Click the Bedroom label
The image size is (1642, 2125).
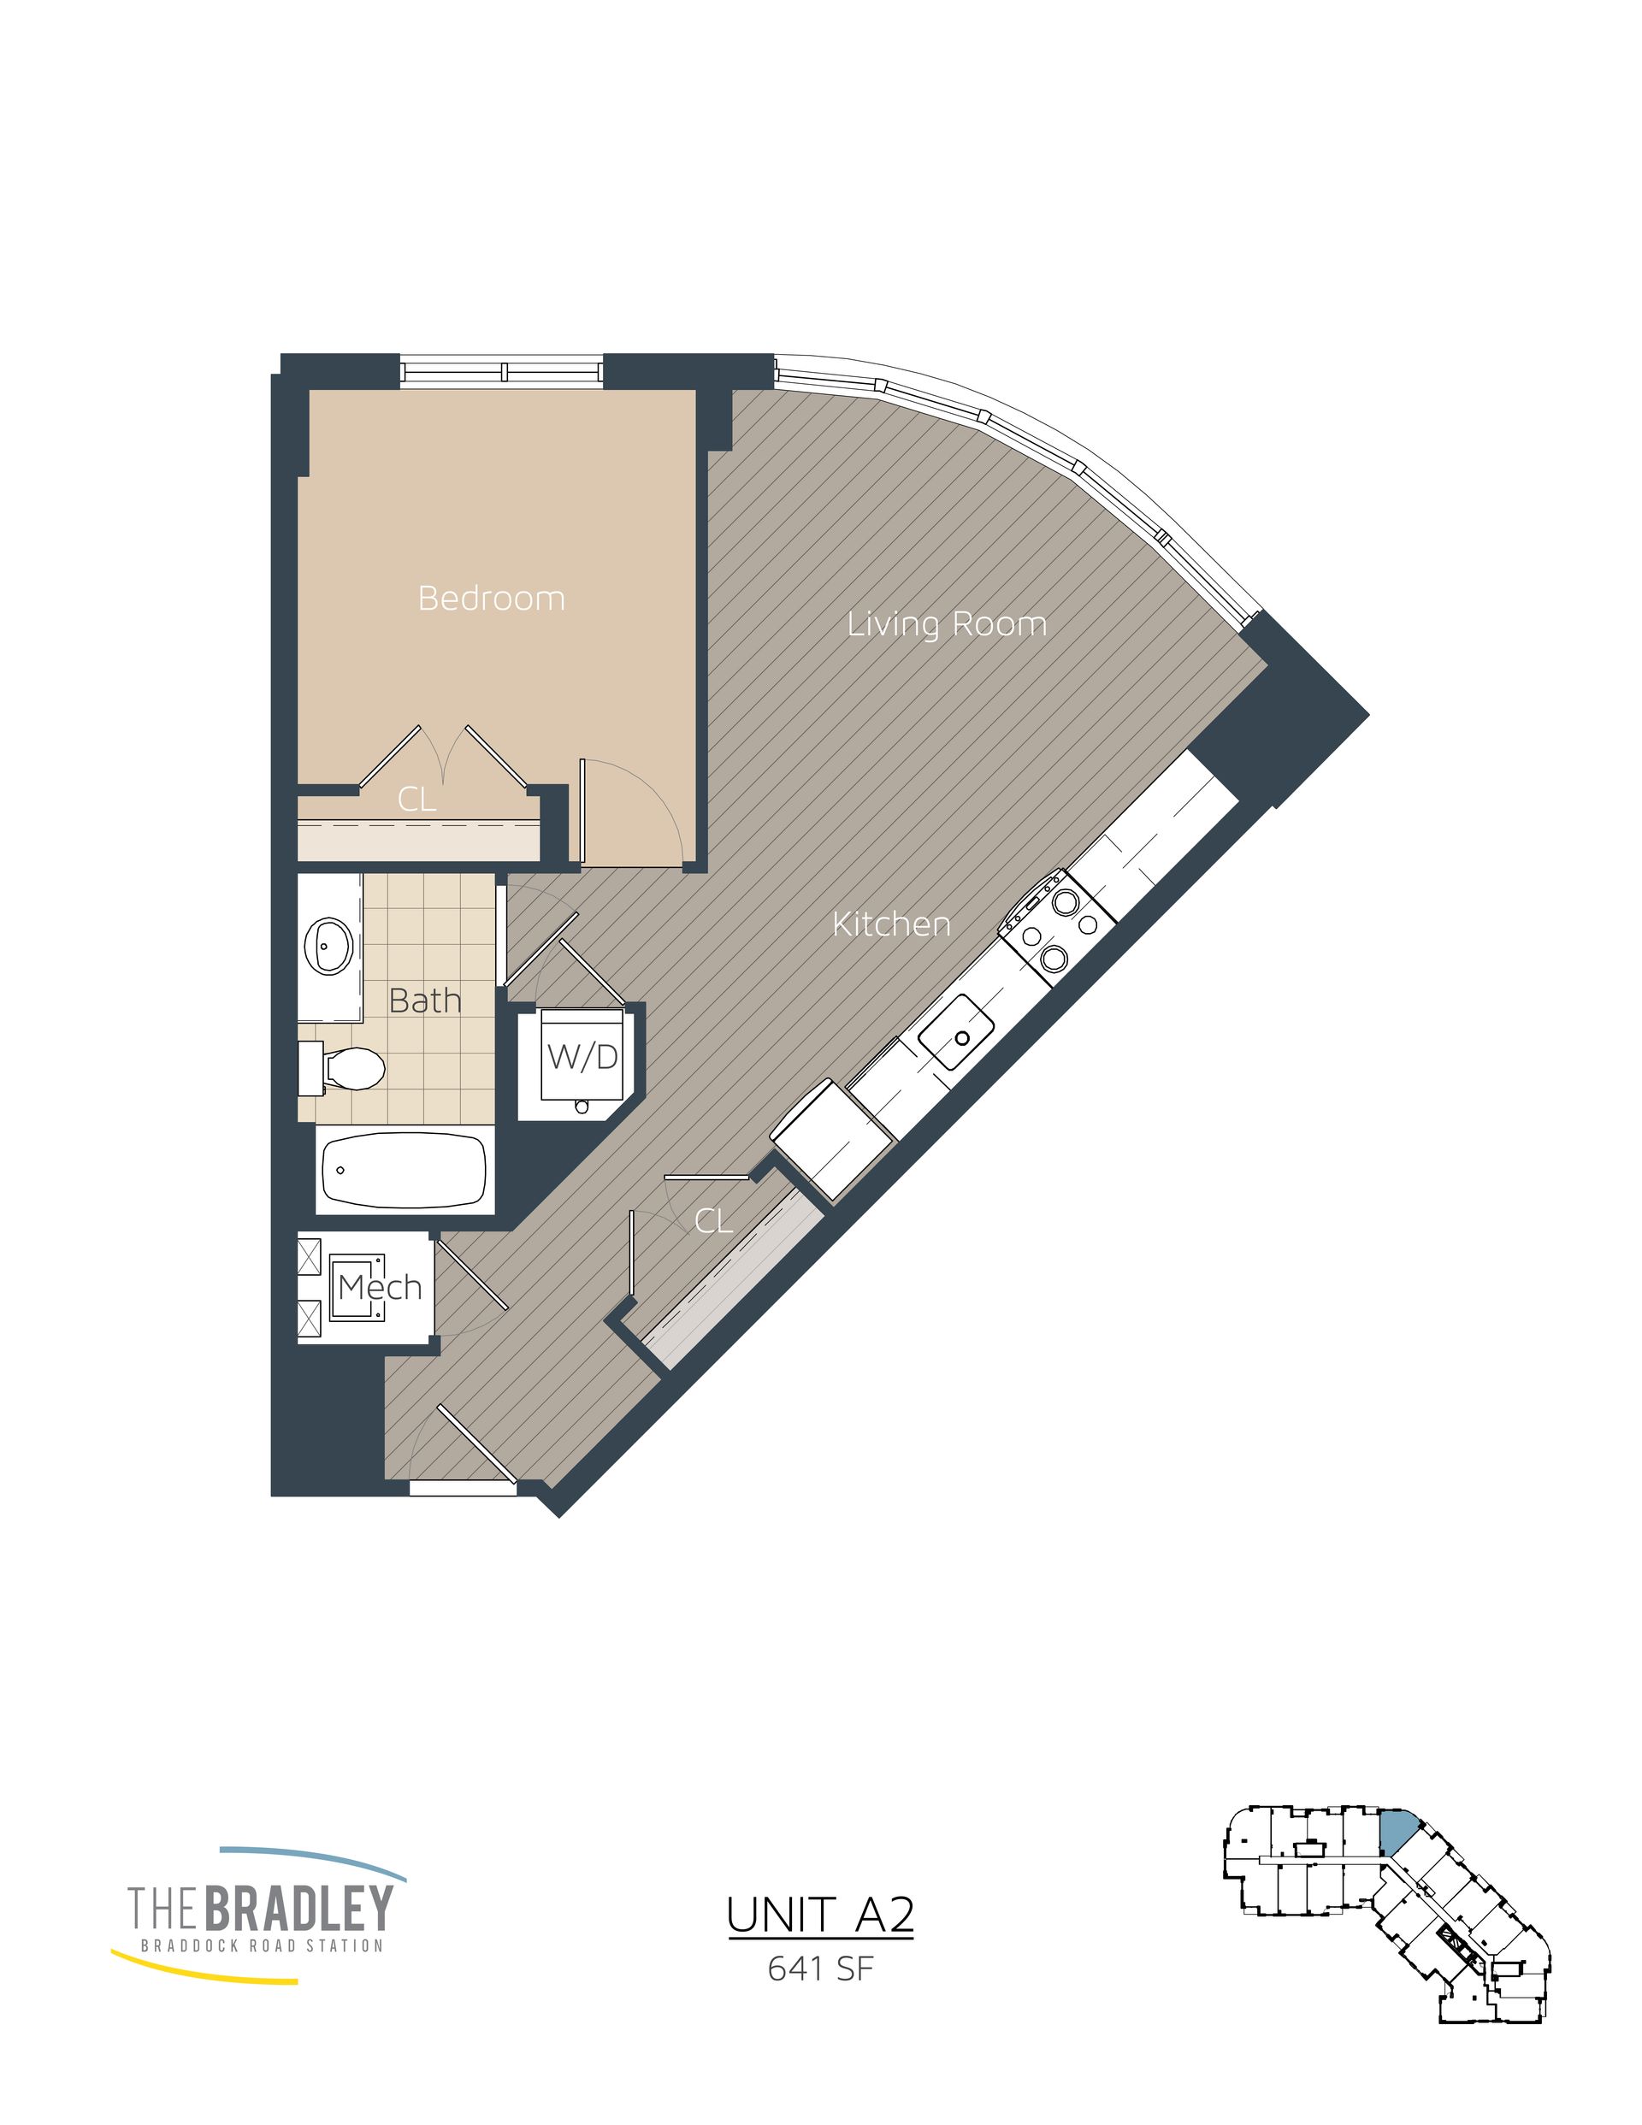pos(491,598)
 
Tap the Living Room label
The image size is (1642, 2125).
pos(946,623)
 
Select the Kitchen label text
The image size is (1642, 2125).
pos(890,924)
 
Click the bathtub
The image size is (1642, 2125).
pos(404,1171)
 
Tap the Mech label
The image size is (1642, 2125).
pos(379,1287)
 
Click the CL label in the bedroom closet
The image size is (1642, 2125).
pos(416,799)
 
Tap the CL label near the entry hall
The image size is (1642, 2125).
pos(712,1221)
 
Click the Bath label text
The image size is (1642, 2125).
pos(424,1001)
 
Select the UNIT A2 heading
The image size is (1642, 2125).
pos(819,1915)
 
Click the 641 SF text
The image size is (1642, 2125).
pos(820,1969)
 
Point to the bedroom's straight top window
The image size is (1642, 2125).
pos(502,372)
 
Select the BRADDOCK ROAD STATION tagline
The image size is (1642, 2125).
pos(262,1946)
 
